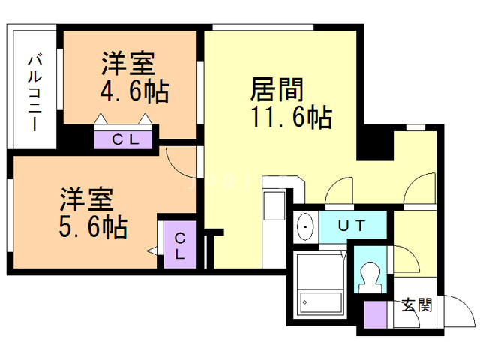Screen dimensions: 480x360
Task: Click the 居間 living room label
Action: pos(277,89)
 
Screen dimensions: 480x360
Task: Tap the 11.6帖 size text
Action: pos(292,116)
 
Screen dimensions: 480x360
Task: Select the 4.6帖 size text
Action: pos(134,91)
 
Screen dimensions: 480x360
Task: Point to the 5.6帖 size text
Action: pos(93,226)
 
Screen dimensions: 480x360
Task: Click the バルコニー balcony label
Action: pos(35,93)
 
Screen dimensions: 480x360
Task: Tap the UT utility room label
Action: pos(352,226)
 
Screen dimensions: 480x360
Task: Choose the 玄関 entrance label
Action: pos(417,305)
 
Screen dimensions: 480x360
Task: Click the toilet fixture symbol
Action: pos(370,277)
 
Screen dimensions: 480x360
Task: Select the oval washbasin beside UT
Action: pos(305,226)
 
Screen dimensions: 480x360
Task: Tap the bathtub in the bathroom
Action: pos(321,302)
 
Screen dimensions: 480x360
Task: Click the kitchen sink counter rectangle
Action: pos(274,205)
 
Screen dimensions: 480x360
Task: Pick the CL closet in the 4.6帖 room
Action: pos(123,140)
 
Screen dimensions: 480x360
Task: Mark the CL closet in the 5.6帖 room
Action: pos(180,244)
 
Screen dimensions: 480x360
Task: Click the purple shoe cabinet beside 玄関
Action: pos(375,314)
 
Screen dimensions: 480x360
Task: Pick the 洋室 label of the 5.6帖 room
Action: pos(87,199)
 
